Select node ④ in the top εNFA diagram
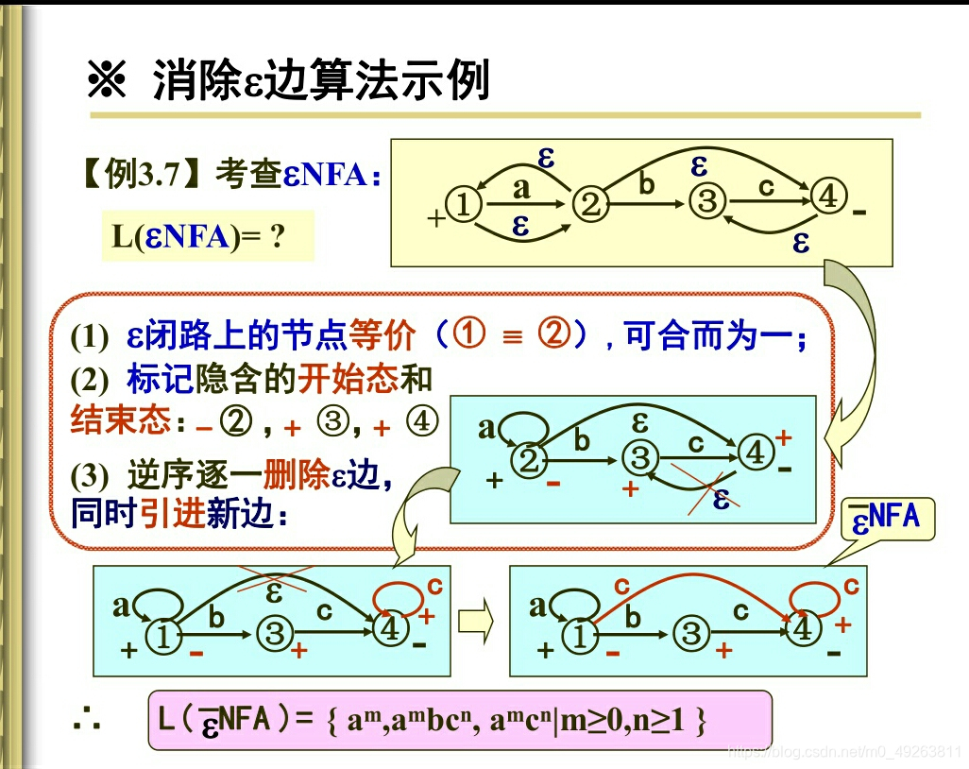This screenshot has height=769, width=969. tap(828, 198)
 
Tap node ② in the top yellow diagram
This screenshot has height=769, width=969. tap(591, 204)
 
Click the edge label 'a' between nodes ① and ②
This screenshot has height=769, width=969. tap(521, 188)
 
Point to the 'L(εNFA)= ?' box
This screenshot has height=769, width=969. tap(206, 236)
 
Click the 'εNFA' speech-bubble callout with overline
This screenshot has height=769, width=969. tap(886, 518)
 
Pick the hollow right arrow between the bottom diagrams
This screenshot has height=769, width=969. tap(477, 621)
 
